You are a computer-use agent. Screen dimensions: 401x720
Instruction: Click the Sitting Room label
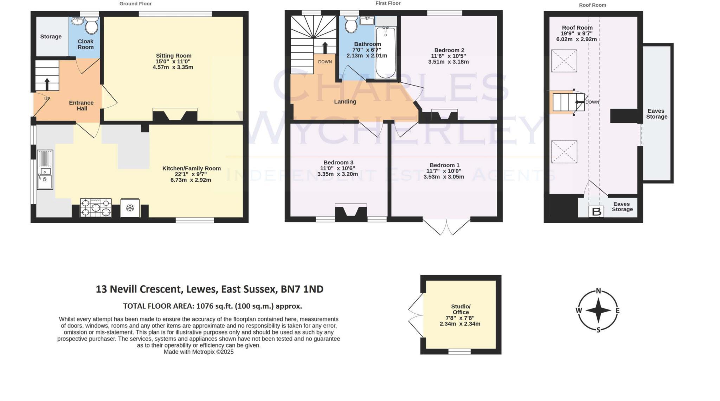[x=174, y=56]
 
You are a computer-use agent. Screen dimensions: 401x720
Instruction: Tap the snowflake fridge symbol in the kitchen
[x=130, y=208]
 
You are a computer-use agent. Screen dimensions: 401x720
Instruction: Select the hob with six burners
[x=96, y=208]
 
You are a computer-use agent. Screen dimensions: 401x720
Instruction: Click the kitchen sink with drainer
[x=45, y=170]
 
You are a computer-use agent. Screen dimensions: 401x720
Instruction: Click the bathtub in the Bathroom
[x=386, y=53]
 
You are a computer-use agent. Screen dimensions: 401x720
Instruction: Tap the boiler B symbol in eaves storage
[x=596, y=212]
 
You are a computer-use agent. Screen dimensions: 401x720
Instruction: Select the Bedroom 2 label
[x=448, y=50]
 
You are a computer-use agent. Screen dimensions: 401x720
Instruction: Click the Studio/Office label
[x=461, y=309]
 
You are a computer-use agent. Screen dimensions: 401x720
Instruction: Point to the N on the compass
[x=598, y=291]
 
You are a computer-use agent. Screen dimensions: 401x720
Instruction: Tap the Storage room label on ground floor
[x=51, y=37]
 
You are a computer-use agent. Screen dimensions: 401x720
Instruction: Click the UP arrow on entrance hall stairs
[x=47, y=84]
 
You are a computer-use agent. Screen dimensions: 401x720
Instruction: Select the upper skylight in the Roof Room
[x=564, y=61]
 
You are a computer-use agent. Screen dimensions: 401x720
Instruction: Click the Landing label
[x=345, y=101]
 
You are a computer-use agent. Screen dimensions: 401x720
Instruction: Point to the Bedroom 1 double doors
[x=446, y=227]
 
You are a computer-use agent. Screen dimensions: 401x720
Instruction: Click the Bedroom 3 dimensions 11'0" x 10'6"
[x=337, y=168]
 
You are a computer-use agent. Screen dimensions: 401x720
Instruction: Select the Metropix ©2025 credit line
[x=199, y=352]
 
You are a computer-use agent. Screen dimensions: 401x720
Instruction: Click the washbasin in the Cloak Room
[x=77, y=21]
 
